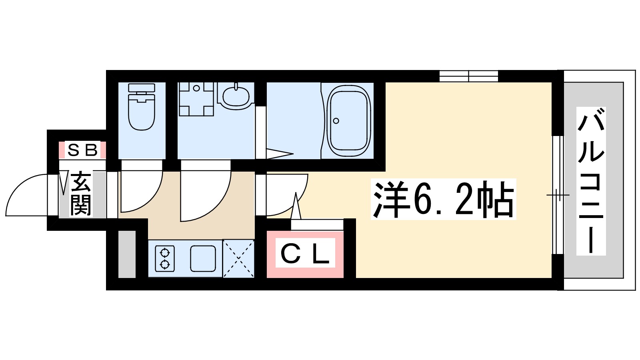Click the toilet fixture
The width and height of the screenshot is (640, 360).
click(x=142, y=107)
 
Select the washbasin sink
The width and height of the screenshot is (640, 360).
click(x=236, y=96)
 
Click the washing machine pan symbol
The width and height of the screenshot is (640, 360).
click(x=196, y=99)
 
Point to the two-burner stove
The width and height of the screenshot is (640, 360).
click(x=165, y=258)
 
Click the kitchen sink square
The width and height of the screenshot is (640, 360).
click(x=203, y=258)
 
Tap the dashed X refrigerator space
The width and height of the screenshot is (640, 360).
click(x=238, y=258)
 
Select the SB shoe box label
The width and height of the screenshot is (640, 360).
click(x=82, y=150)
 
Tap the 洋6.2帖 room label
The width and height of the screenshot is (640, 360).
click(x=443, y=199)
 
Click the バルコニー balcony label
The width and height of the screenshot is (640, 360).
click(x=591, y=181)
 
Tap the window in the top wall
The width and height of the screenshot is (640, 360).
click(x=468, y=76)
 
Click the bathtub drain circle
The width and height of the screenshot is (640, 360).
click(x=336, y=121)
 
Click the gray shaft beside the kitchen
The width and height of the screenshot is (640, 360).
click(x=127, y=254)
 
